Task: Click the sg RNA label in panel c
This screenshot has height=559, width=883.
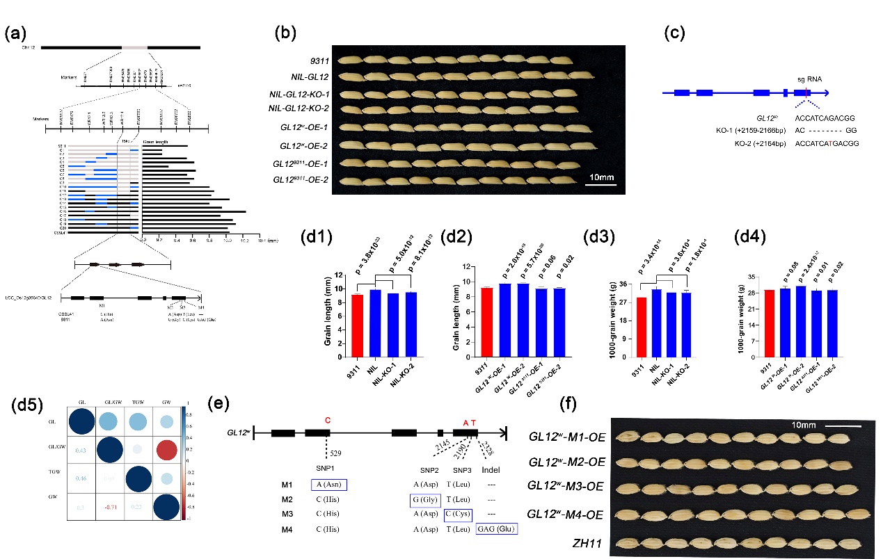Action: (809, 79)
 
